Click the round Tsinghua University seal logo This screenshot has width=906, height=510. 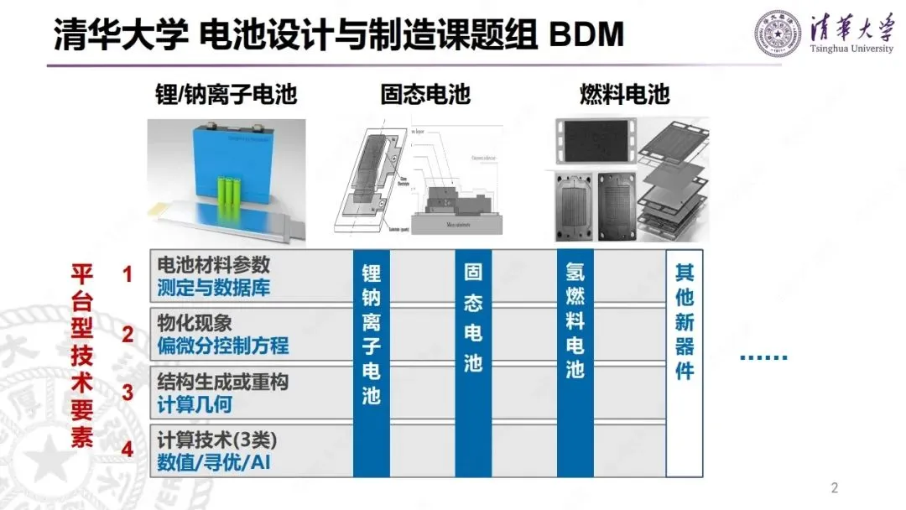click(778, 34)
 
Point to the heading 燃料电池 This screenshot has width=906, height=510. click(625, 94)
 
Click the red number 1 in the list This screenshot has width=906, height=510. click(128, 274)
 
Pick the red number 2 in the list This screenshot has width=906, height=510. click(128, 334)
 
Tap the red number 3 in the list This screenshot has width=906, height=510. click(128, 392)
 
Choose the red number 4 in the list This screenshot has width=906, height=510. click(128, 450)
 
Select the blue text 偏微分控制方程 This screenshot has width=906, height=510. click(222, 346)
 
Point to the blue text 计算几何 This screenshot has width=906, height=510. click(195, 404)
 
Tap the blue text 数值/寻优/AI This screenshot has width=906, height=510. click(214, 462)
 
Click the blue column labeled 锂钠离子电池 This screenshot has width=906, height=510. click(371, 361)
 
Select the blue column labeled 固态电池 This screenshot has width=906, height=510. click(473, 361)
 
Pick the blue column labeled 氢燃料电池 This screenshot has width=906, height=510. click(575, 361)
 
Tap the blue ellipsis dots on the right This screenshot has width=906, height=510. click(763, 358)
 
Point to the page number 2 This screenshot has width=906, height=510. click(834, 487)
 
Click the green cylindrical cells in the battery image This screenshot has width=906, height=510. click(233, 195)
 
